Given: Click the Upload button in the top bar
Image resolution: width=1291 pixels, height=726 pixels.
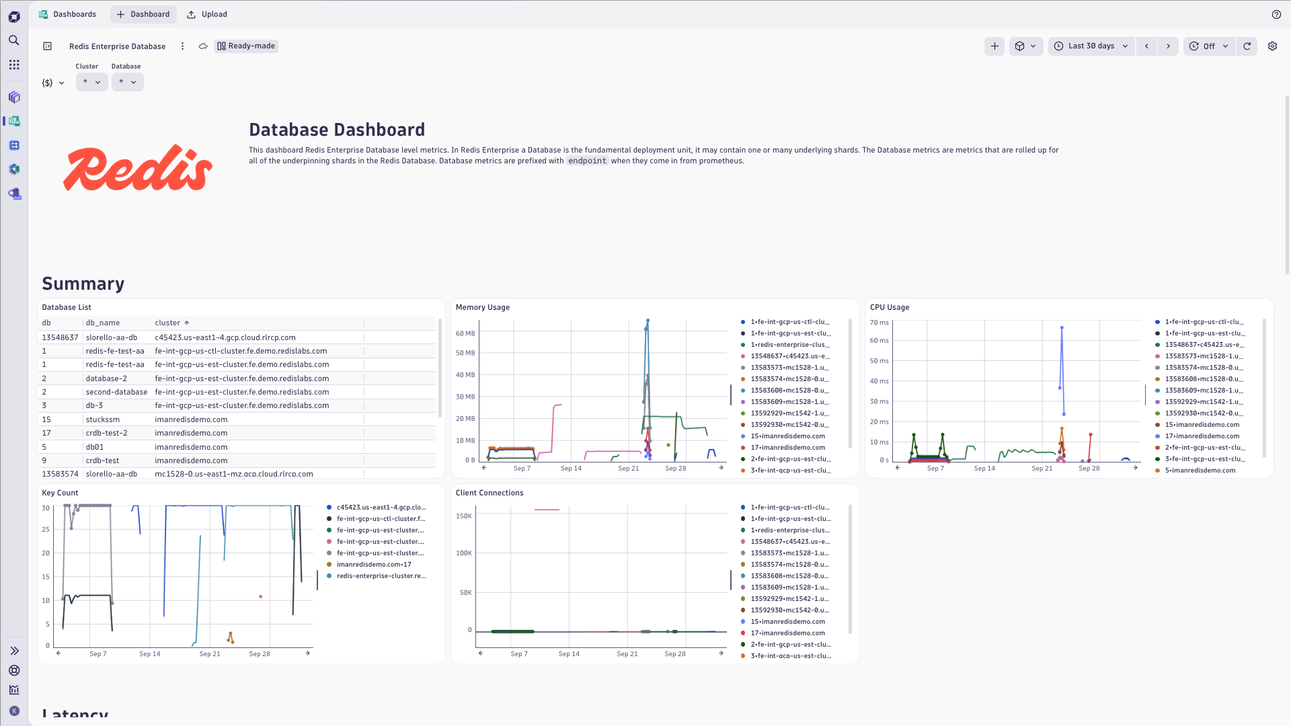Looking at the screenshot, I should click(x=207, y=14).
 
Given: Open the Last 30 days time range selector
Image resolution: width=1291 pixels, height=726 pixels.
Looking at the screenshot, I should click(x=1091, y=46).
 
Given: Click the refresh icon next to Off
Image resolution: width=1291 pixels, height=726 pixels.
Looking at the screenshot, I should click(x=1247, y=46).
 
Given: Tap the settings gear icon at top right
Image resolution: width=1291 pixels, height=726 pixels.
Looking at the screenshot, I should click(x=1272, y=46).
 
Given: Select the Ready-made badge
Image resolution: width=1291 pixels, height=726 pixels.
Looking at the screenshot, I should click(x=246, y=46).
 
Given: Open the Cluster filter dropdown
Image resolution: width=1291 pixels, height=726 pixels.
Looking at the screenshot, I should click(x=91, y=82).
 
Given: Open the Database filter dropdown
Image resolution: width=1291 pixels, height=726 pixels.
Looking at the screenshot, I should click(x=127, y=82).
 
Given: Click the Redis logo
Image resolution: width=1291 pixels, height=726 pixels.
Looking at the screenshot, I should click(x=138, y=168).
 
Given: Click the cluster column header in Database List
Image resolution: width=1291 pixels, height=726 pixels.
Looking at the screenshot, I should click(x=167, y=323).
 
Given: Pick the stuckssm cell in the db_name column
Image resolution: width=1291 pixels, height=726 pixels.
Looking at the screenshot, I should click(x=103, y=419).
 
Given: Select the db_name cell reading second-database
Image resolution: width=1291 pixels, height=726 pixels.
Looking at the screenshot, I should click(x=116, y=392).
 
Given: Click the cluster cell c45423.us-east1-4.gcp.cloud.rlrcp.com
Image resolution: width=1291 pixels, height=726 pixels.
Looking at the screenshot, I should click(x=225, y=337).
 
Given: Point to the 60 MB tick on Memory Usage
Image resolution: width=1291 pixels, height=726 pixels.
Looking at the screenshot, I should click(x=465, y=333).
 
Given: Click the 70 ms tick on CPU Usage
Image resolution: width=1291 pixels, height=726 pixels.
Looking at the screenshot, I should click(x=879, y=323).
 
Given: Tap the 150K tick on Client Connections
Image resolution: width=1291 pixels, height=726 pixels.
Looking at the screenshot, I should click(x=464, y=516).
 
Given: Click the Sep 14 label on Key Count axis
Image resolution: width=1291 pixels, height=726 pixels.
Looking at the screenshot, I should click(x=150, y=654).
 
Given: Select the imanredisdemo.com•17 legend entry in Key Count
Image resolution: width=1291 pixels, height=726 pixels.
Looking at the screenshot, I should click(x=374, y=565).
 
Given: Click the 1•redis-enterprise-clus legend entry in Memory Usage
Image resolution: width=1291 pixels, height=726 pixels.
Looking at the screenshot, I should click(x=789, y=345).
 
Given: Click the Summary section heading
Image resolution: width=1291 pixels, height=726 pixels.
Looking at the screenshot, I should click(x=83, y=284).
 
